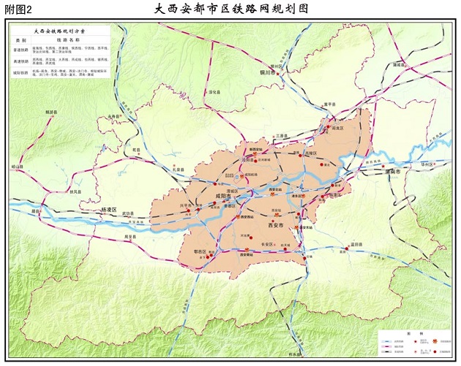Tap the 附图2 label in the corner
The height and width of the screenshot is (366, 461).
pyautogui.click(x=18, y=9)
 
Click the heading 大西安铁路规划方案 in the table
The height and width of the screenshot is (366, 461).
pyautogui.click(x=60, y=32)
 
